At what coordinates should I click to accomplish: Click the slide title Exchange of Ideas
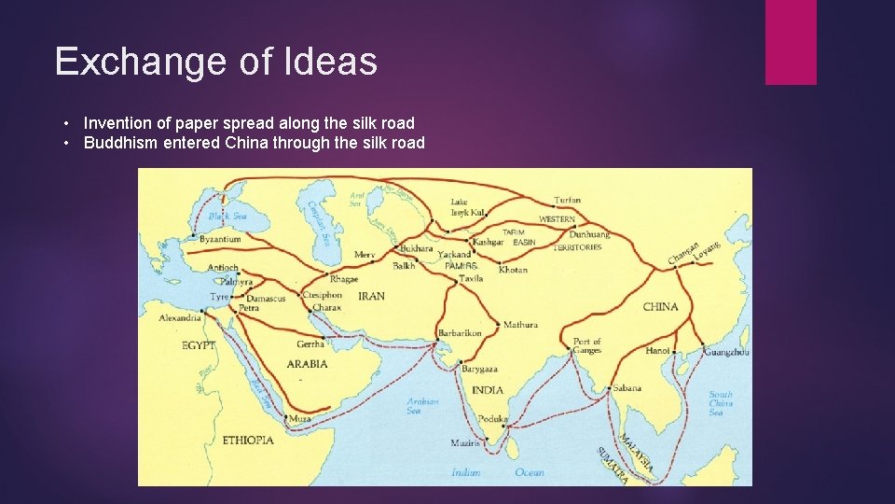(x=215, y=62)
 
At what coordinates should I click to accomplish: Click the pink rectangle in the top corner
(x=791, y=42)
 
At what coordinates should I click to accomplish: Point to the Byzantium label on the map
(x=220, y=240)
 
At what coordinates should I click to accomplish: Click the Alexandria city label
(x=180, y=318)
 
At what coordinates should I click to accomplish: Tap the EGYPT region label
(x=199, y=345)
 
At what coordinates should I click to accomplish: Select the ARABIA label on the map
(x=307, y=364)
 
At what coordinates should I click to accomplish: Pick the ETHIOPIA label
(x=248, y=440)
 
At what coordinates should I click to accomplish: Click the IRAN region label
(x=371, y=296)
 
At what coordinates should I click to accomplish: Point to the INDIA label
(x=487, y=390)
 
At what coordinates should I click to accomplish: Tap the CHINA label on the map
(x=660, y=307)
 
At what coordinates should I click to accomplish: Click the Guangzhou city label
(x=726, y=352)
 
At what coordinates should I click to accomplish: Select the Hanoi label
(x=658, y=351)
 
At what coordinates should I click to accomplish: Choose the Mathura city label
(x=520, y=325)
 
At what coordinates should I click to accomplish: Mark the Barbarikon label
(x=460, y=333)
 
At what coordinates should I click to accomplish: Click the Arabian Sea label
(x=422, y=406)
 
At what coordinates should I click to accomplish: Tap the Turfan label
(x=567, y=200)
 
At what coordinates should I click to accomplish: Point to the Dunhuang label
(x=589, y=235)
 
